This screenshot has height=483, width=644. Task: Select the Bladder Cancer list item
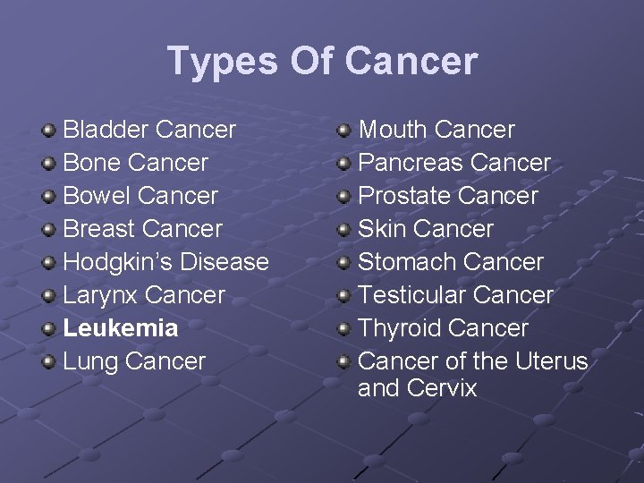[x=149, y=130]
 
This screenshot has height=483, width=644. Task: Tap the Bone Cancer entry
[x=135, y=163]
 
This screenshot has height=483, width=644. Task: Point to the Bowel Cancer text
[x=140, y=196]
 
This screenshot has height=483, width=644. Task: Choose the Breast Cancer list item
[x=142, y=229]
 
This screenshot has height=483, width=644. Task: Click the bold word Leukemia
[x=120, y=328]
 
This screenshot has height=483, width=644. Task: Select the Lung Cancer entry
[x=134, y=361]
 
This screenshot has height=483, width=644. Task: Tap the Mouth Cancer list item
[x=436, y=130]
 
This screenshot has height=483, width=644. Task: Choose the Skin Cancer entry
[x=426, y=229]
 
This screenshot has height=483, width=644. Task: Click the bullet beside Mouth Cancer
[x=343, y=131]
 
